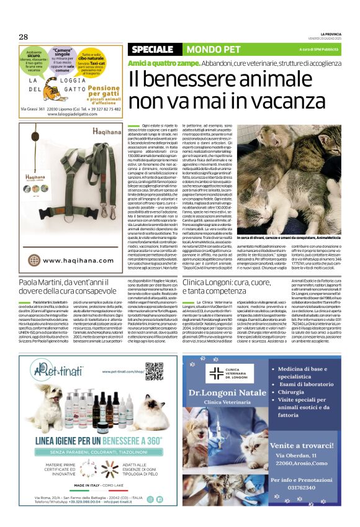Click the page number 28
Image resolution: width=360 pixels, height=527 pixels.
pyautogui.click(x=23, y=37)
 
